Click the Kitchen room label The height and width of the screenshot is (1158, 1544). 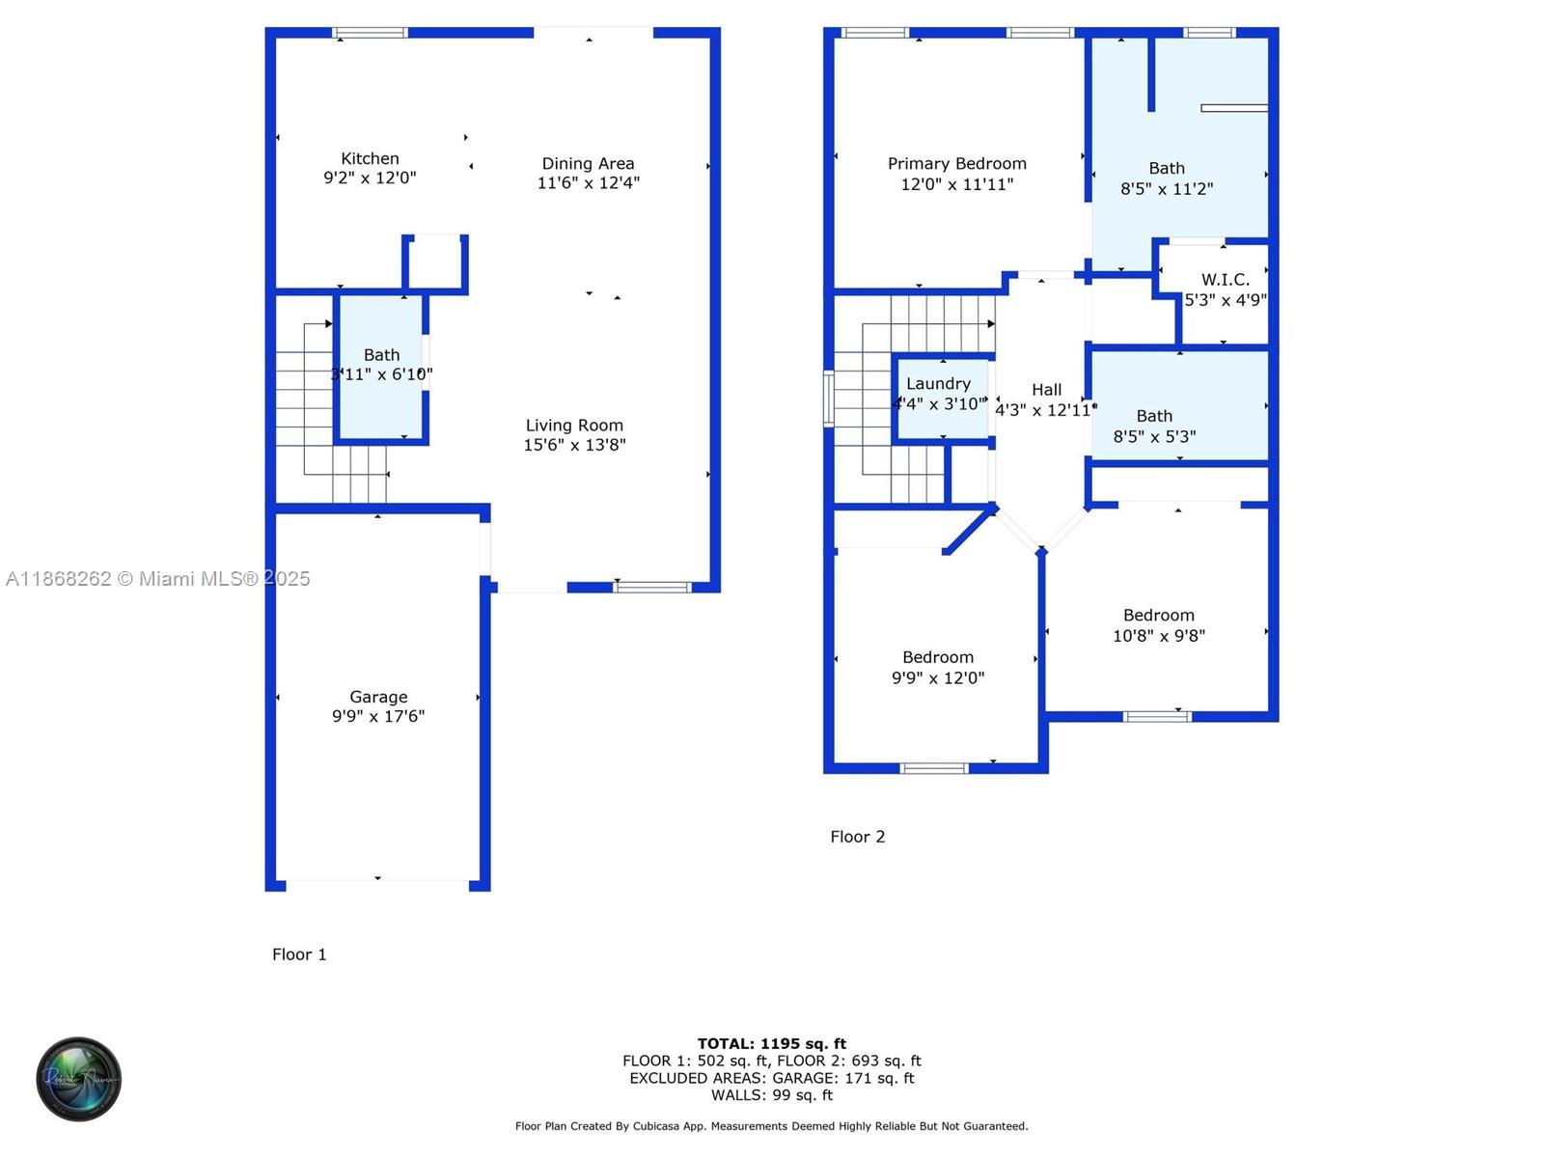(x=370, y=158)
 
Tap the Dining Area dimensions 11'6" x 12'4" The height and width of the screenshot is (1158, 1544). (x=588, y=182)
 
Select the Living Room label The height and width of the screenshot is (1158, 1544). (x=574, y=425)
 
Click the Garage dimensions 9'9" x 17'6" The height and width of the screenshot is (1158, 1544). (x=378, y=716)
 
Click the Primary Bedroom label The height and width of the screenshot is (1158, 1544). (x=956, y=163)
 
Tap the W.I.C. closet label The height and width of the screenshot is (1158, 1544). (x=1225, y=279)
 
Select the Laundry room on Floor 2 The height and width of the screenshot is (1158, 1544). (x=938, y=393)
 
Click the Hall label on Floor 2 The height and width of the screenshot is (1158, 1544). (x=1046, y=389)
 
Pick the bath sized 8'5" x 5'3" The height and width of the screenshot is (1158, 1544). (x=1154, y=426)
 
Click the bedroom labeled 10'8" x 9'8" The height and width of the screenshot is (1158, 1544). (x=1158, y=624)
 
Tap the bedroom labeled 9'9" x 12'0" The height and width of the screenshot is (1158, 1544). (x=937, y=667)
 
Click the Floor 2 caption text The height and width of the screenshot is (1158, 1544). (x=857, y=837)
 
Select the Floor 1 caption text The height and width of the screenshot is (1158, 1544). (x=299, y=954)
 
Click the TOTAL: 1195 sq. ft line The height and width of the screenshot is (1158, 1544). (x=771, y=1043)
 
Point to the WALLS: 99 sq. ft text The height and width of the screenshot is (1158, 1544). (x=771, y=1095)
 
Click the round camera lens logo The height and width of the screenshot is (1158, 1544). (x=78, y=1079)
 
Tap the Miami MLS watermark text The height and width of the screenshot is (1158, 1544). (x=157, y=578)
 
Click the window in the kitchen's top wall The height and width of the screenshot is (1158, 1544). (x=370, y=33)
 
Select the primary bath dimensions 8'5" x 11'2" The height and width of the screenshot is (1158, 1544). (x=1166, y=189)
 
